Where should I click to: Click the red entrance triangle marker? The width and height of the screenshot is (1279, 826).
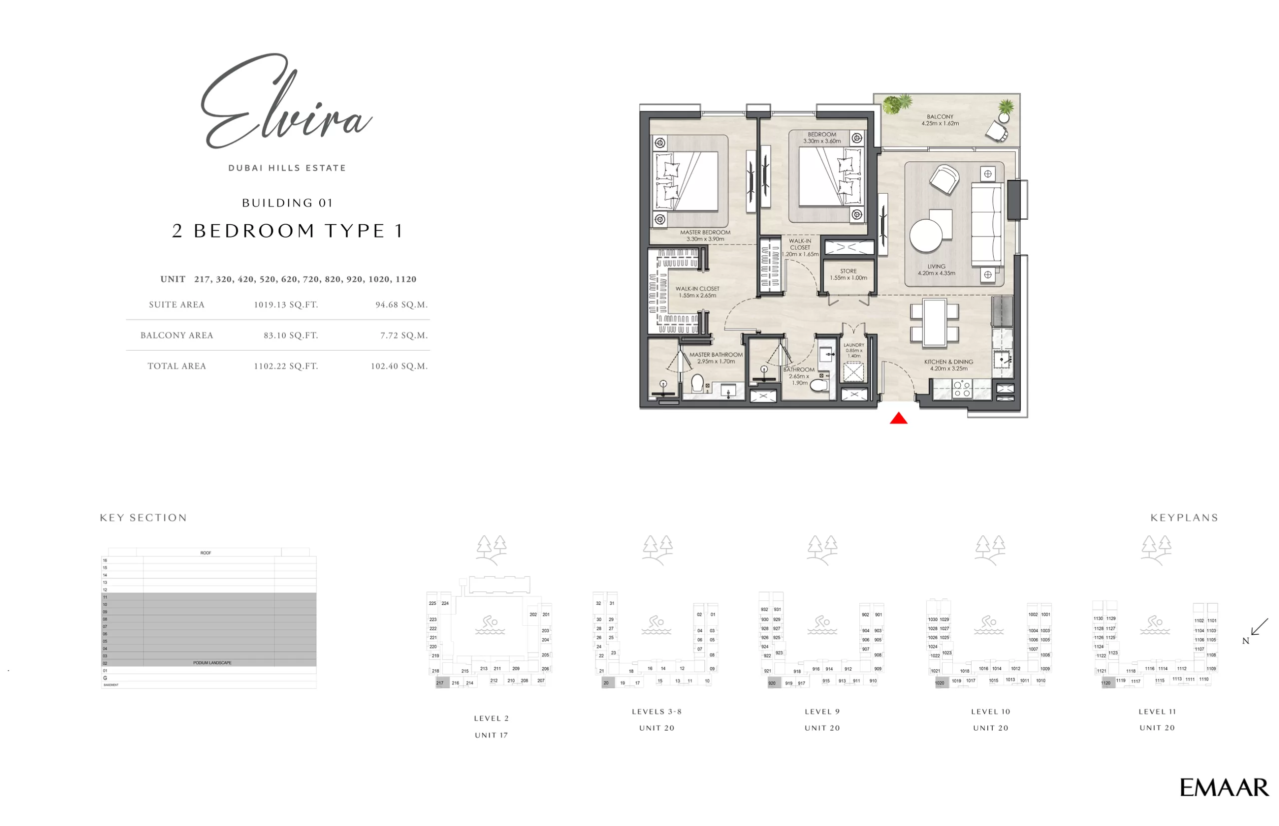(899, 418)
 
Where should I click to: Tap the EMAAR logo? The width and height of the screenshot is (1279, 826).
(1224, 788)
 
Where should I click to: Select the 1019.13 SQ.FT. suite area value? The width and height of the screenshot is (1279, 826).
(286, 305)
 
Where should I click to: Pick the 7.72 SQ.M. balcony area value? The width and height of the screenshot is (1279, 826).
(404, 335)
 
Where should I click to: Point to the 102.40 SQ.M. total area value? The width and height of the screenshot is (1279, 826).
(399, 367)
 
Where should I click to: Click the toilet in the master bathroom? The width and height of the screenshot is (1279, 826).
(697, 384)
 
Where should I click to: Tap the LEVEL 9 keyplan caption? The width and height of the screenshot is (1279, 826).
(822, 712)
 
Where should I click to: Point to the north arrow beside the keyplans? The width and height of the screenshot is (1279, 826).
(1258, 628)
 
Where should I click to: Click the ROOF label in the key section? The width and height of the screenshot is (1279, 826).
(205, 552)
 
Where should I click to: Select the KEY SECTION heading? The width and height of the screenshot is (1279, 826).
(143, 517)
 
